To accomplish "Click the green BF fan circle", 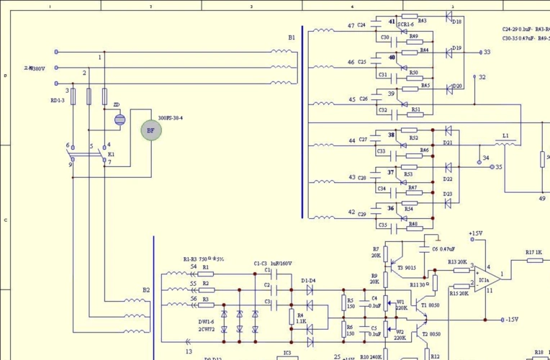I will tap(150, 130).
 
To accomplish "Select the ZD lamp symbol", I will tap(119, 119).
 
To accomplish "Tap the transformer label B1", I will tap(292, 37).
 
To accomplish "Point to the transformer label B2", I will tap(146, 290).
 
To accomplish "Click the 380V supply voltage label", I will tap(34, 69).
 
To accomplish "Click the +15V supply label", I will tap(476, 233).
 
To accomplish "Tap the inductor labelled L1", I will tap(505, 135).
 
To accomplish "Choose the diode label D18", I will tap(456, 22).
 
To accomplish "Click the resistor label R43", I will tap(422, 21).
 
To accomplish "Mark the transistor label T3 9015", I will tap(405, 268).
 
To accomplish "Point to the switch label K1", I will tap(111, 154).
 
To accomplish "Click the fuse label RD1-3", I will tap(58, 100).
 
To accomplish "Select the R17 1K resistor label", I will tap(533, 252).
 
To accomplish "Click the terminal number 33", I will tap(487, 53).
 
